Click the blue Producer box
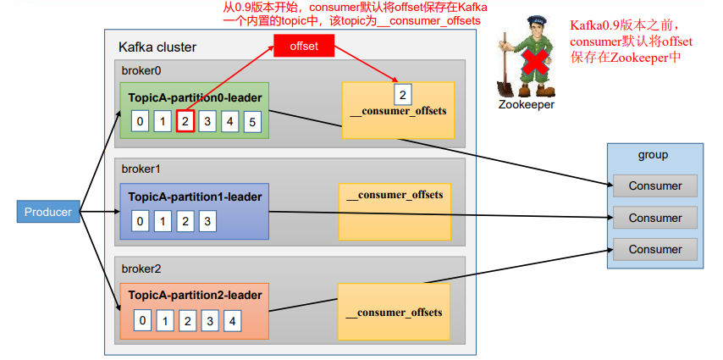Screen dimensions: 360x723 pyautogui.click(x=48, y=212)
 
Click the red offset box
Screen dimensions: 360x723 pyautogui.click(x=304, y=46)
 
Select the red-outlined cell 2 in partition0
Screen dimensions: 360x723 pyautogui.click(x=185, y=122)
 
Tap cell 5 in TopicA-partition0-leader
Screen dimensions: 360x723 pyautogui.click(x=251, y=122)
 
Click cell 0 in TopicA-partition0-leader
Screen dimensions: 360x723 pyautogui.click(x=141, y=122)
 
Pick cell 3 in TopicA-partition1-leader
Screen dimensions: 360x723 pyautogui.click(x=207, y=222)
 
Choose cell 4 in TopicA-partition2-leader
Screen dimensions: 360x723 pyautogui.click(x=232, y=321)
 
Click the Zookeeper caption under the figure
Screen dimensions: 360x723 pyautogui.click(x=527, y=105)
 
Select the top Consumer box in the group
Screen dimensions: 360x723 pyautogui.click(x=655, y=186)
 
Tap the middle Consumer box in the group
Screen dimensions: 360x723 pyautogui.click(x=655, y=218)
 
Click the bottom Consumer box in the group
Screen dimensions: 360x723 pyautogui.click(x=655, y=249)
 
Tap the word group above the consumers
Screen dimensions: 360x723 pyautogui.click(x=653, y=155)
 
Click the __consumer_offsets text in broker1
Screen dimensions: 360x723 pyautogui.click(x=395, y=195)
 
